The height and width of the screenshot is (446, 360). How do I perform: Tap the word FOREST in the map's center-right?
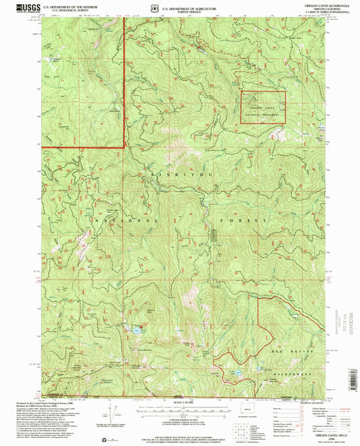pyautogui.click(x=232, y=220)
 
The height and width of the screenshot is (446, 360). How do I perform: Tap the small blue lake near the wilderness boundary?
pyautogui.click(x=237, y=372)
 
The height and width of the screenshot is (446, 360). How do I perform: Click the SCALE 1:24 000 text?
pyautogui.click(x=182, y=403)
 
